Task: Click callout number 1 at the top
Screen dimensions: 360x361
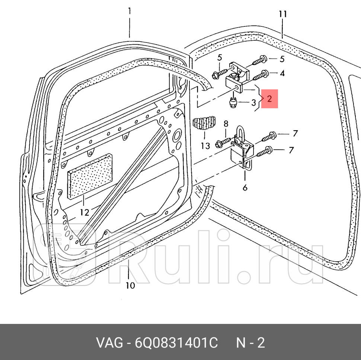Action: coord(129,12)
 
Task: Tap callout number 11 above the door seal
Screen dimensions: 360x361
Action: coord(282,15)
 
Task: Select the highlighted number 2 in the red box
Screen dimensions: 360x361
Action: coord(269,99)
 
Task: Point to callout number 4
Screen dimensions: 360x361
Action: coord(282,74)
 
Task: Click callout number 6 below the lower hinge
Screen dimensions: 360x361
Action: coord(245,188)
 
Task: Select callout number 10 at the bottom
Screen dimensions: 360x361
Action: coord(130,286)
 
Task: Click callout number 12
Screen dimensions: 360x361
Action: coord(84,213)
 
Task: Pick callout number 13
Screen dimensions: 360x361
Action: coord(205,146)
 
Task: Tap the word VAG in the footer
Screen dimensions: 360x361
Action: coord(110,343)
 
